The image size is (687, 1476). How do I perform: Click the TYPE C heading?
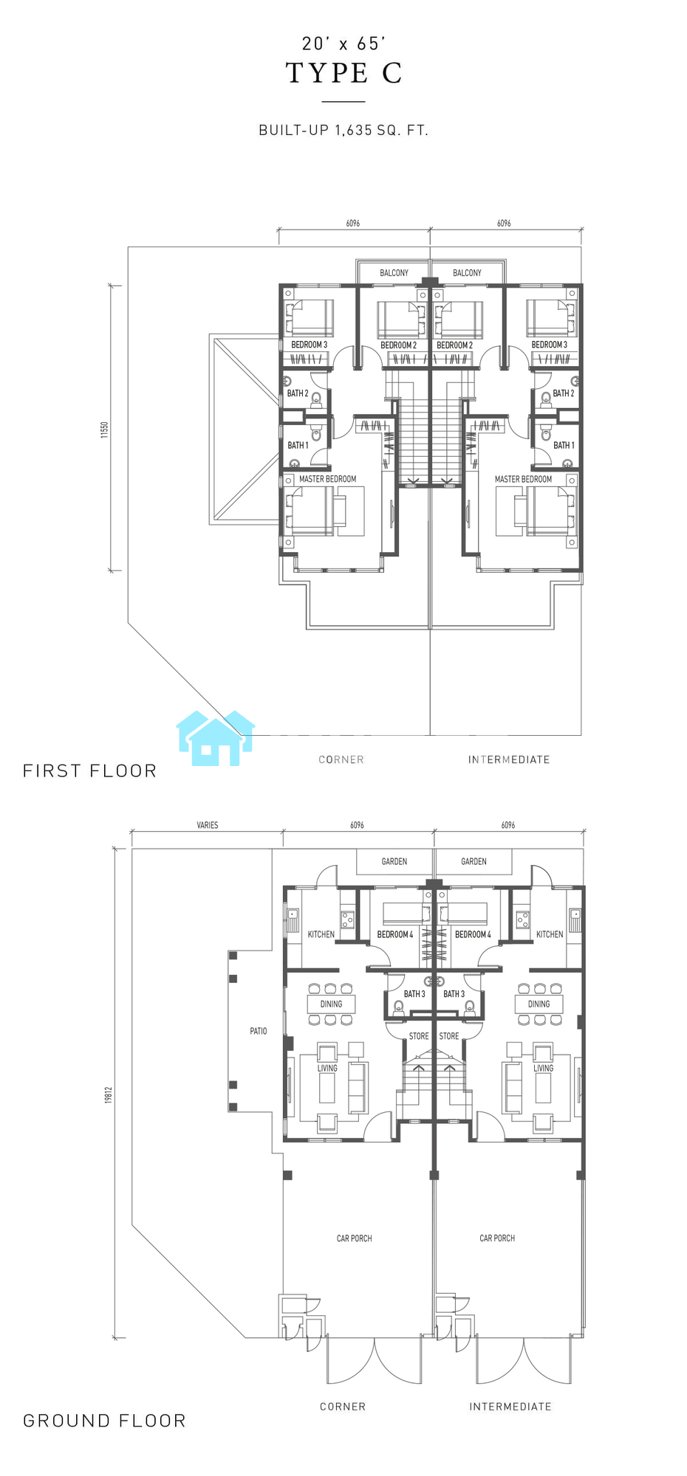click(344, 73)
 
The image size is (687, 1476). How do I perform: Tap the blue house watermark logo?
click(216, 738)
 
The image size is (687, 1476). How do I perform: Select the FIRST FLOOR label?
click(90, 771)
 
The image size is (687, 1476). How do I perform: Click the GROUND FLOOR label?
click(104, 1421)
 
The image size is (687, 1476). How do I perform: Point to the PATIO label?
click(259, 1031)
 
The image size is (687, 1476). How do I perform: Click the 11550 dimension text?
click(105, 430)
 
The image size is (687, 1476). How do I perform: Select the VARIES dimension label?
click(208, 825)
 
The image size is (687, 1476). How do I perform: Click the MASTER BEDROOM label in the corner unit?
click(327, 479)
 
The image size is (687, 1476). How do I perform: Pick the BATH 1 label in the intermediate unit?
click(564, 445)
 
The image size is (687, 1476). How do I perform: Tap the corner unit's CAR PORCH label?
click(355, 1238)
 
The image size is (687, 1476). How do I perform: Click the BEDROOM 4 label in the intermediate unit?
click(473, 934)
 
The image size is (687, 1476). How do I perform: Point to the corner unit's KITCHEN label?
click(321, 934)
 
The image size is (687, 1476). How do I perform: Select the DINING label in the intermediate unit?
click(539, 1004)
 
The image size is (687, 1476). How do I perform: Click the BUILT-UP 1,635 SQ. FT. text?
click(343, 131)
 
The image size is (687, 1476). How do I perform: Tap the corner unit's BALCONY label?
click(394, 273)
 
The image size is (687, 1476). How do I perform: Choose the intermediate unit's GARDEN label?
click(474, 861)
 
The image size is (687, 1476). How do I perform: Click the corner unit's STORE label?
click(419, 1036)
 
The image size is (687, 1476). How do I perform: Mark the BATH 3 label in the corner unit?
click(414, 994)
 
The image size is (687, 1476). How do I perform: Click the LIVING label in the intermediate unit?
click(544, 1068)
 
